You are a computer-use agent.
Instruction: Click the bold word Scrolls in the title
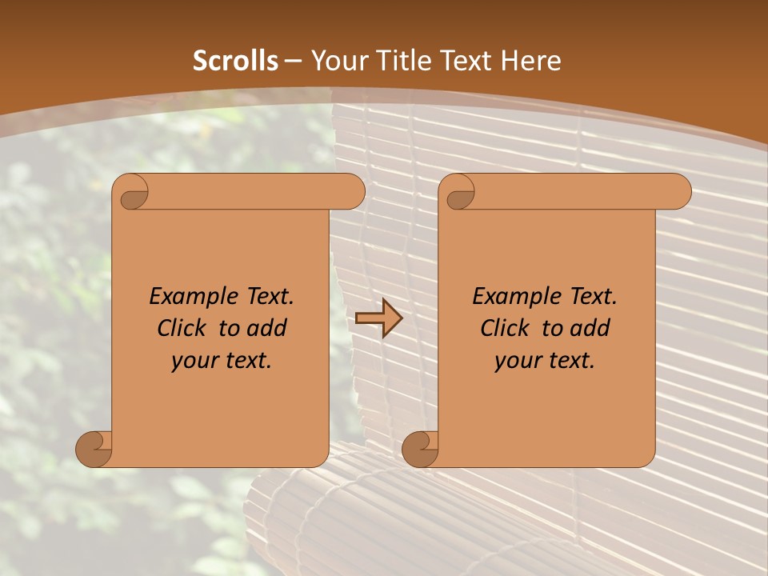coord(235,61)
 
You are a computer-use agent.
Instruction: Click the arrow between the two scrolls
coord(378,318)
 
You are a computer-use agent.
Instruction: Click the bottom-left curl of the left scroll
coord(94,448)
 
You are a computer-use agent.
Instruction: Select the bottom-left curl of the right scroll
coord(421,448)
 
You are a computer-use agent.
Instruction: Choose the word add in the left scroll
coord(266,328)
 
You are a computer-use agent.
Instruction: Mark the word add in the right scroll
coord(590,328)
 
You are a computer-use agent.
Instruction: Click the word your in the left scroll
coord(193,362)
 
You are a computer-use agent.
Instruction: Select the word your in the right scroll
coord(516,362)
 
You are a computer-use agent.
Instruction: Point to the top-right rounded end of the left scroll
coord(352,192)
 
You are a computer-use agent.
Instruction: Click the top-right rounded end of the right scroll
coord(678,192)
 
